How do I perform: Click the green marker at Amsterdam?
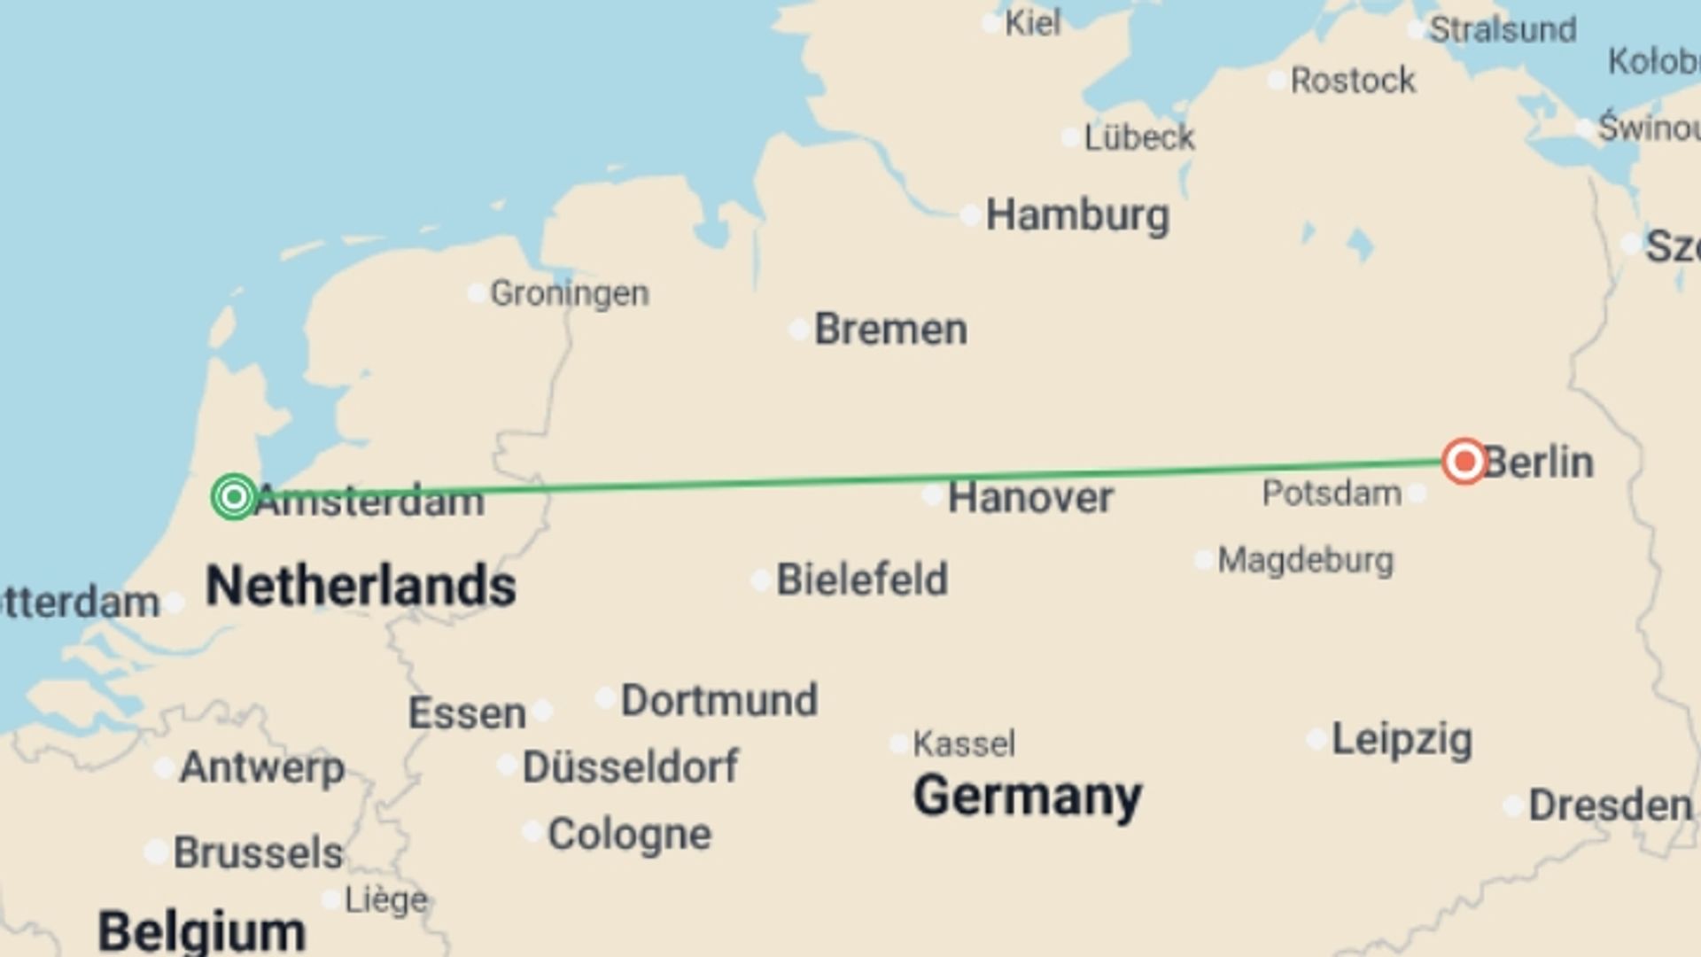point(234,496)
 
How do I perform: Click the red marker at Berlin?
point(1464,461)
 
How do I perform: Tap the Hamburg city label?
point(1077,215)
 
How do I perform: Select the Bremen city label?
point(890,329)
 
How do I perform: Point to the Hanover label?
point(1029,497)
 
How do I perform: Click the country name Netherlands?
point(361,586)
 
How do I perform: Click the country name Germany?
point(1027,796)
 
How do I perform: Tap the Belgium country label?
point(202,931)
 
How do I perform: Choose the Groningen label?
point(569,293)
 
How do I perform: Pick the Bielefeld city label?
point(862,580)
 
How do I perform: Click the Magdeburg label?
point(1305,560)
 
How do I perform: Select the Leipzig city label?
point(1402,739)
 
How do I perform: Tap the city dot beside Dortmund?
point(605,698)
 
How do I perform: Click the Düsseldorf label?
point(630,766)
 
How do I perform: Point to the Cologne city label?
point(629,834)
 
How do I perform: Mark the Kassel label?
point(964,743)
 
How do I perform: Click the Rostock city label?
point(1353,81)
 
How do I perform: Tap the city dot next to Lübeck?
point(1070,137)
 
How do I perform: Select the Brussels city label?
point(258,852)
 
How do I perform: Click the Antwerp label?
point(261,766)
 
